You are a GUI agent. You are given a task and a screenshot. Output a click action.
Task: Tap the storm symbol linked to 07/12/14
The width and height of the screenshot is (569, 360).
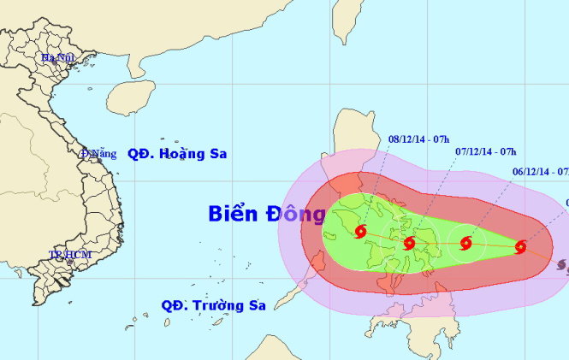pos(465,243)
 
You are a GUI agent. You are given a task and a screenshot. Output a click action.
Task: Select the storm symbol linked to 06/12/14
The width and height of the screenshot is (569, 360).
pos(520,247)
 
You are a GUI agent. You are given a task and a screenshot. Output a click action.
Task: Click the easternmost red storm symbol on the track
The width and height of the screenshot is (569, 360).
pos(520,247)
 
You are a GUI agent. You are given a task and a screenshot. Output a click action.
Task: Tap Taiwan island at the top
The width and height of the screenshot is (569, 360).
pos(342,21)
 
